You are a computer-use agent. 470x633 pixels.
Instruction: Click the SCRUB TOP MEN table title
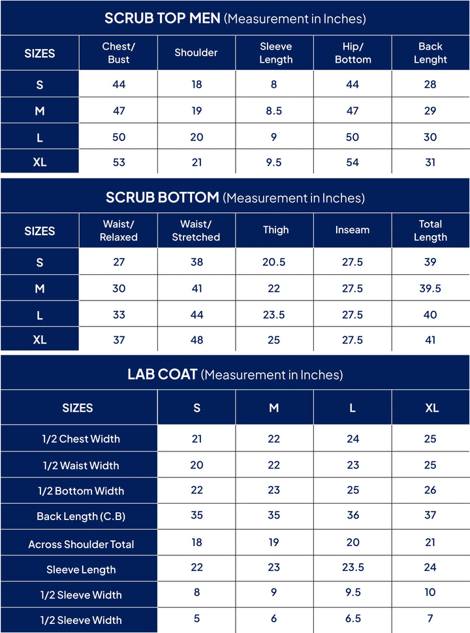point(235,18)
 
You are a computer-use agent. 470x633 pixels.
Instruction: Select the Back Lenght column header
point(430,53)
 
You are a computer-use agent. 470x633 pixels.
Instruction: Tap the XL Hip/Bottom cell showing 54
point(352,162)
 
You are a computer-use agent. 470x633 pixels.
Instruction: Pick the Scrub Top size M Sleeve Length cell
point(274,111)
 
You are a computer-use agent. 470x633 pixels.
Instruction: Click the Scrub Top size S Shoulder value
point(196,84)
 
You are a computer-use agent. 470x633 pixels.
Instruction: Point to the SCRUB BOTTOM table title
point(235,197)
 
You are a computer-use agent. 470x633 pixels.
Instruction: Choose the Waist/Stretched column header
point(196,231)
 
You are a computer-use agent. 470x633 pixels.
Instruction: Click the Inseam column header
point(352,230)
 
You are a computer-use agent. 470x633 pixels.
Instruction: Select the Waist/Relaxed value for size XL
point(119,340)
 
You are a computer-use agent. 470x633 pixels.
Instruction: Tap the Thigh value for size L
point(274,314)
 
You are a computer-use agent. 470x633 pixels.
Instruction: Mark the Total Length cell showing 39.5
point(430,288)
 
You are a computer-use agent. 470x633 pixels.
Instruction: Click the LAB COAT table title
point(235,374)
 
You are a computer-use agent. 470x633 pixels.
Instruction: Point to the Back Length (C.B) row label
point(81,517)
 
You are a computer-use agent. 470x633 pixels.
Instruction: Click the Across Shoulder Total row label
point(81,544)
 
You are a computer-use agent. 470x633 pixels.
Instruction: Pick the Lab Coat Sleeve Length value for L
point(352,568)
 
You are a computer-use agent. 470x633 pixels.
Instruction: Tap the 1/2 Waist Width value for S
point(196,465)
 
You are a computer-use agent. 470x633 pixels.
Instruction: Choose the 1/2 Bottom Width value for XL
point(430,491)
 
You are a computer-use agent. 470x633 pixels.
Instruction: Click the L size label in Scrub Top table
point(40,137)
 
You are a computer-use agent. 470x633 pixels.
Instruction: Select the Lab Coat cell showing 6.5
point(352,619)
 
